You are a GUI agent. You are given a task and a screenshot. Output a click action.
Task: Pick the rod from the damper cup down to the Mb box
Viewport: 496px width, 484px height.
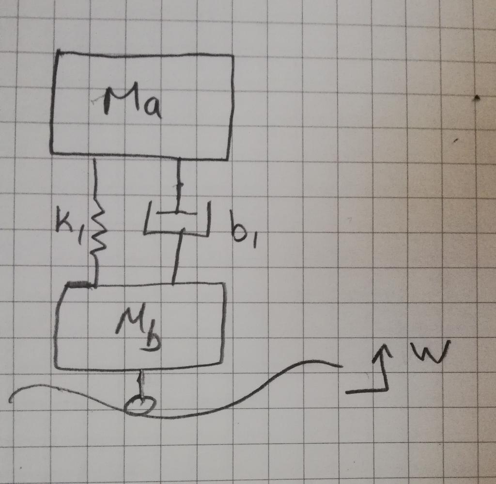click(x=177, y=257)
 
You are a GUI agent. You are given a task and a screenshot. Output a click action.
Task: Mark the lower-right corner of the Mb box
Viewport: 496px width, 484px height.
click(x=222, y=364)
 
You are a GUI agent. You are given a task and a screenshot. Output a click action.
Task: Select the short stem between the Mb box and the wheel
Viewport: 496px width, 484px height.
click(x=141, y=383)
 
